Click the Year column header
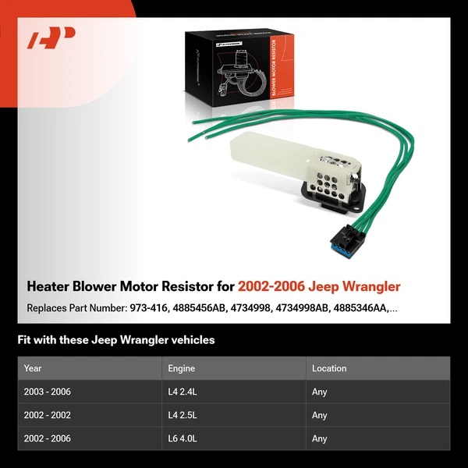pos(33,368)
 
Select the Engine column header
pos(181,368)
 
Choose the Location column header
pos(328,368)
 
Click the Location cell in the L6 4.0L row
pos(320,438)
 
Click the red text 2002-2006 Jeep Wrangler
pos(320,286)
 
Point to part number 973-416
pos(147,307)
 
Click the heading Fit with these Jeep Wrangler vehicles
pos(115,340)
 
